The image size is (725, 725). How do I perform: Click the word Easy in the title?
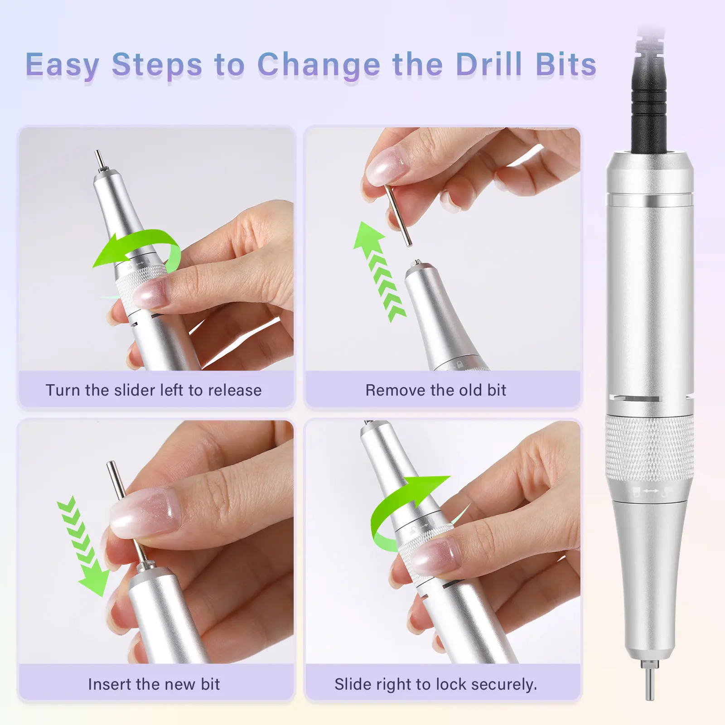[x=63, y=65]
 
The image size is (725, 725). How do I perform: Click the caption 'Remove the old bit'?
[x=436, y=390]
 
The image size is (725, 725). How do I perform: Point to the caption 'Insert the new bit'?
[x=154, y=684]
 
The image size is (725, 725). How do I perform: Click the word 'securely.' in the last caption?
[x=504, y=685]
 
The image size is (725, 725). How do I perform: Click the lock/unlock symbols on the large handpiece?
[x=652, y=491]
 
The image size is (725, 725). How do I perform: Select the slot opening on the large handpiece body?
[x=634, y=398]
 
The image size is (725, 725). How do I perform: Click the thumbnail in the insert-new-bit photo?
[x=144, y=512]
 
